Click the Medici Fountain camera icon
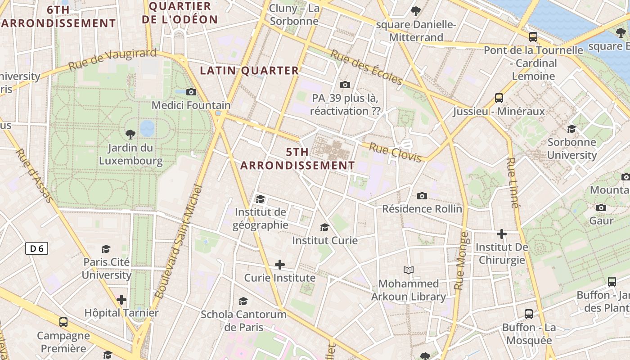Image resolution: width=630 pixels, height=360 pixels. click(191, 92)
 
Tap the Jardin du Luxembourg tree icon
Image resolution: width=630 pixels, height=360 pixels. click(130, 134)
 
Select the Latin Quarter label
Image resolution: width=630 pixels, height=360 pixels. click(249, 71)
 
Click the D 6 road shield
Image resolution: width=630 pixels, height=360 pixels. click(36, 248)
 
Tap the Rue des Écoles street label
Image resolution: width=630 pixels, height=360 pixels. click(366, 67)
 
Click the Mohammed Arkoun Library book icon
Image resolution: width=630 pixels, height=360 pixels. click(409, 270)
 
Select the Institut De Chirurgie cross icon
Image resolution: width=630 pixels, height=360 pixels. click(502, 234)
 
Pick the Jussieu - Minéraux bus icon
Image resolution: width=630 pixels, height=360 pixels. click(499, 98)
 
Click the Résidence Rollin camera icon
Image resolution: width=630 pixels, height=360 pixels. click(422, 196)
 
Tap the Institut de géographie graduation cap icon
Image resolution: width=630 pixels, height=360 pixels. click(260, 199)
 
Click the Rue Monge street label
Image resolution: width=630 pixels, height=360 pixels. click(462, 261)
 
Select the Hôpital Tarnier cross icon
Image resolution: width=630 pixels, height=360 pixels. click(121, 299)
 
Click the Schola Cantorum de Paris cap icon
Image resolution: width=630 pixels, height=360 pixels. click(243, 301)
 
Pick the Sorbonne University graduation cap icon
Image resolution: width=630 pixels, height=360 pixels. click(571, 129)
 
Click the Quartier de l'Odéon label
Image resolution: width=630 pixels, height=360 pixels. click(180, 13)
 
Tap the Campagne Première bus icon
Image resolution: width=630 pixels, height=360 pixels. click(63, 322)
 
